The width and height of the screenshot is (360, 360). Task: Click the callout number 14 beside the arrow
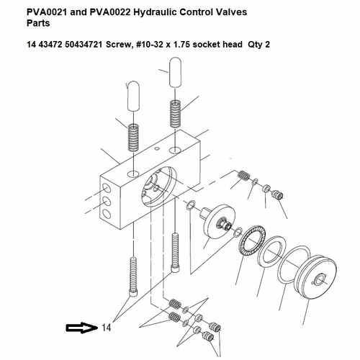tap(107, 328)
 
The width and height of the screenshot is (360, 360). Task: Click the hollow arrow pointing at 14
tap(81, 328)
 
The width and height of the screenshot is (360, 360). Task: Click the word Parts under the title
tap(38, 23)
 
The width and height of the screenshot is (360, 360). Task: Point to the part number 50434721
tap(84, 45)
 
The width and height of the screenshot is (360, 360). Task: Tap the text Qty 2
tap(259, 45)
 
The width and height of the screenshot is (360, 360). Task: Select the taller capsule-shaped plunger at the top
tap(175, 72)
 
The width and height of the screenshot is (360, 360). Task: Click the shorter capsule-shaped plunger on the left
tap(133, 96)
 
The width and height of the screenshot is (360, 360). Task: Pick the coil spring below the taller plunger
tap(175, 114)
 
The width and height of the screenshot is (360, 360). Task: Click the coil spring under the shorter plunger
tap(133, 138)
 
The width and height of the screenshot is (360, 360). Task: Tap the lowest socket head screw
tap(133, 276)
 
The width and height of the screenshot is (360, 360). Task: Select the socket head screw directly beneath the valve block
tap(175, 253)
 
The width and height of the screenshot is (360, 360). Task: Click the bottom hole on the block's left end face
tap(107, 214)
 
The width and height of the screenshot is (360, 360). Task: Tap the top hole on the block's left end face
tap(107, 188)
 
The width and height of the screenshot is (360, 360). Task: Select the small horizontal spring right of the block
tap(243, 175)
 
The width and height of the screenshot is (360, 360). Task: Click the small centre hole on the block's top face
tap(157, 149)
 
